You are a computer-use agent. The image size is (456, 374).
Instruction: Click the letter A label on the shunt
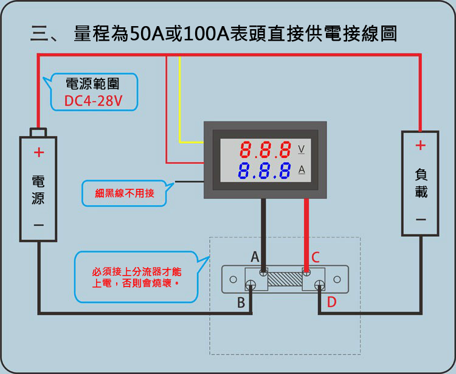click(x=255, y=257)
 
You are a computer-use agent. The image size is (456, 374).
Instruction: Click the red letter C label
click(x=316, y=257)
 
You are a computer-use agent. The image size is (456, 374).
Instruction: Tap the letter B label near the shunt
click(x=241, y=303)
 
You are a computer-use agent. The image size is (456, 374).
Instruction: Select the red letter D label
click(x=331, y=302)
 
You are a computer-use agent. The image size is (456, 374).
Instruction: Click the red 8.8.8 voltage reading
click(x=265, y=149)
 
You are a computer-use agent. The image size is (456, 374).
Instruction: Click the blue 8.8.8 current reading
click(x=265, y=171)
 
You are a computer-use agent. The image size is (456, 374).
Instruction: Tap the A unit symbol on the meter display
click(x=301, y=170)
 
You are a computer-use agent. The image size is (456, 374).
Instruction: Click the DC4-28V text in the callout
click(x=93, y=101)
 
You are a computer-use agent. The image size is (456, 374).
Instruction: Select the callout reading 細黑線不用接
click(x=125, y=194)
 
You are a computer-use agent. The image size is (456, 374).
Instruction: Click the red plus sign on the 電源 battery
click(x=38, y=152)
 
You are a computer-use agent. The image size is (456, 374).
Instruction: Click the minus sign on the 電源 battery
click(x=38, y=225)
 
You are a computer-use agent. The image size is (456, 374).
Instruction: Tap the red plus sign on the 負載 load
click(x=420, y=146)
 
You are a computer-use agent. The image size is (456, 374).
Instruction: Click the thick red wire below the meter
click(x=305, y=231)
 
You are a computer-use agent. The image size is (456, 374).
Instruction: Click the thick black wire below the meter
click(x=263, y=231)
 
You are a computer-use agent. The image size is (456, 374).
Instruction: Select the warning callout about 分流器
click(x=137, y=277)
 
